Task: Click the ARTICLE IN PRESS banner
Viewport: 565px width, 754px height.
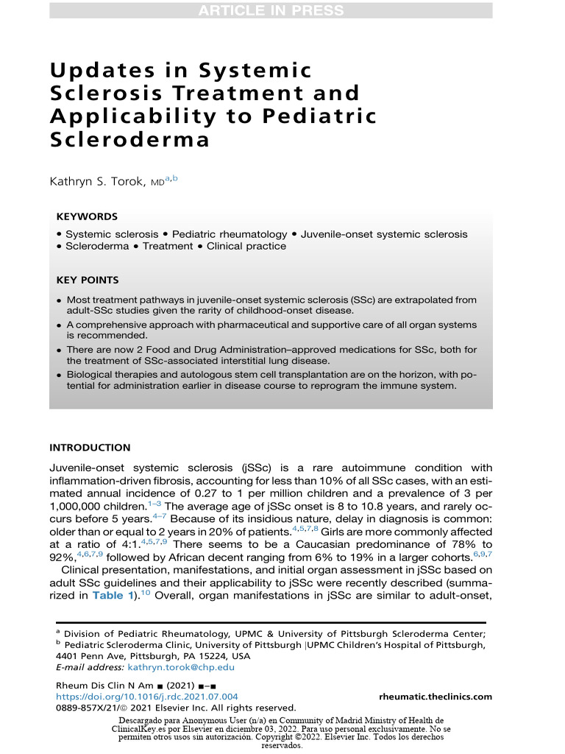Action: point(271,10)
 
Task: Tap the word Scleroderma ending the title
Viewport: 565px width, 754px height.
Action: point(129,140)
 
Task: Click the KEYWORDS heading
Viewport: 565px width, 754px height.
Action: point(87,217)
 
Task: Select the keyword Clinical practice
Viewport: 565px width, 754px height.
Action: point(246,247)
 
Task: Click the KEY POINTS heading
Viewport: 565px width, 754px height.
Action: point(88,281)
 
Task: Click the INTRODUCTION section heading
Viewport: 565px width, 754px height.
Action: point(90,448)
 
